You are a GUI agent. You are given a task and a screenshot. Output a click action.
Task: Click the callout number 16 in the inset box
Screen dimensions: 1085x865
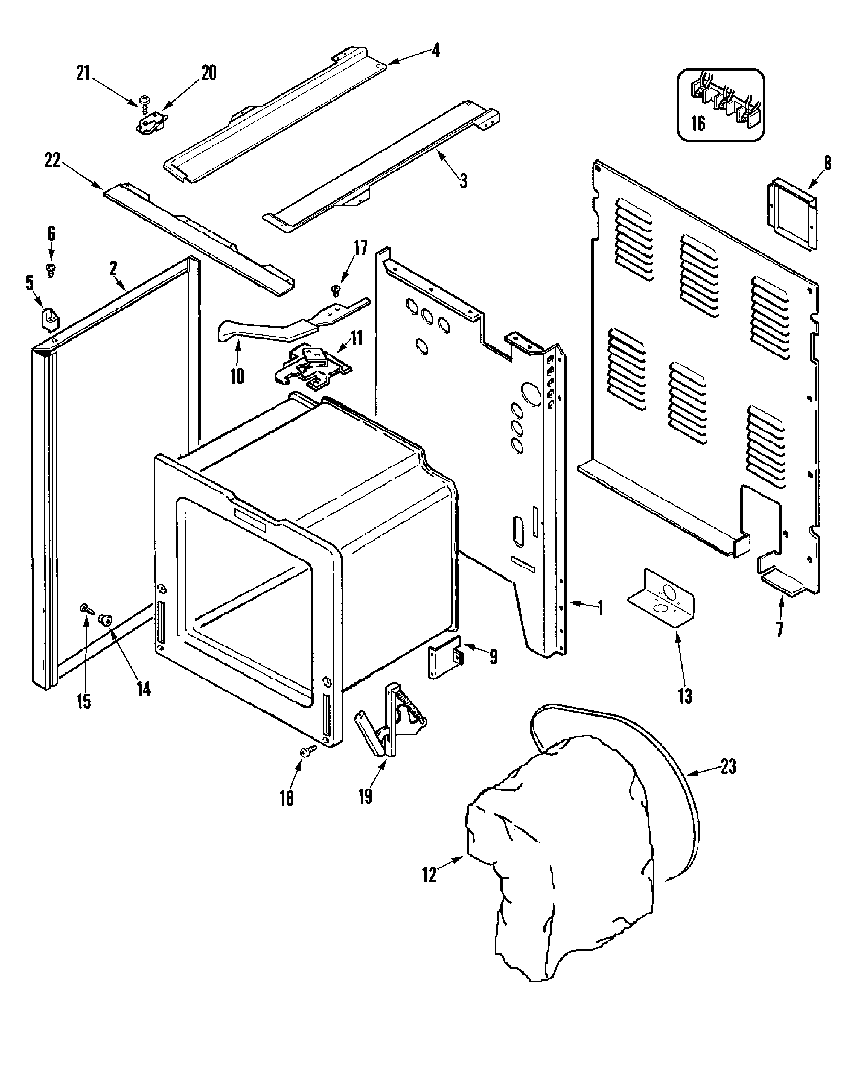click(698, 123)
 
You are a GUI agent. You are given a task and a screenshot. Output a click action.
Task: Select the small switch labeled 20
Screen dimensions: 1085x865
click(151, 124)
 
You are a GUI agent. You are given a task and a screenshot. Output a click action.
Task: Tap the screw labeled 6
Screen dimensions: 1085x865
click(50, 270)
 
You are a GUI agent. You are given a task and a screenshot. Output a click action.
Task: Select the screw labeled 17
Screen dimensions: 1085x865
click(336, 290)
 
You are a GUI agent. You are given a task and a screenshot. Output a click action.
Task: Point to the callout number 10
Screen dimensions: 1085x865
click(237, 376)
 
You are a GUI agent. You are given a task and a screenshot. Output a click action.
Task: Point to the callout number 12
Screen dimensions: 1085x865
click(429, 875)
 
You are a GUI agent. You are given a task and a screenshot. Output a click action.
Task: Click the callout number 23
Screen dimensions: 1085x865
click(728, 766)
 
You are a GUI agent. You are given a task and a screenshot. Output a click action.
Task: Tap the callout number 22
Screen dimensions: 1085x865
click(52, 161)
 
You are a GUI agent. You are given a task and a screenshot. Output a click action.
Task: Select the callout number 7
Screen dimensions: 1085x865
click(779, 629)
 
